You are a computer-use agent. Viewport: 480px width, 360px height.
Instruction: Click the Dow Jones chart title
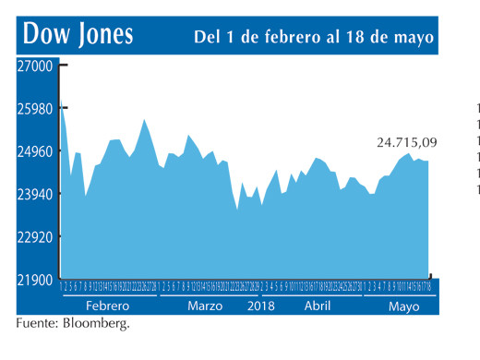pyautogui.click(x=78, y=35)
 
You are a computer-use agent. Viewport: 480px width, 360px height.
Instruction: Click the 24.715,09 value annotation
pyautogui.click(x=406, y=142)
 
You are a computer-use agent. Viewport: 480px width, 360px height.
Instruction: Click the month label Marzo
pyautogui.click(x=205, y=306)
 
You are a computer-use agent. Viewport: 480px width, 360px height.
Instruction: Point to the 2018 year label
pyautogui.click(x=262, y=306)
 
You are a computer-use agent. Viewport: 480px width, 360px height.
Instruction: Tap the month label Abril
pyautogui.click(x=318, y=306)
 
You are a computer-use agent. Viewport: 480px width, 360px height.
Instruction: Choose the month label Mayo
pyautogui.click(x=403, y=306)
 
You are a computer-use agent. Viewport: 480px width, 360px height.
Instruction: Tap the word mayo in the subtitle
pyautogui.click(x=412, y=38)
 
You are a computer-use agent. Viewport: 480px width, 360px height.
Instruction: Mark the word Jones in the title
pyautogui.click(x=102, y=35)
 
